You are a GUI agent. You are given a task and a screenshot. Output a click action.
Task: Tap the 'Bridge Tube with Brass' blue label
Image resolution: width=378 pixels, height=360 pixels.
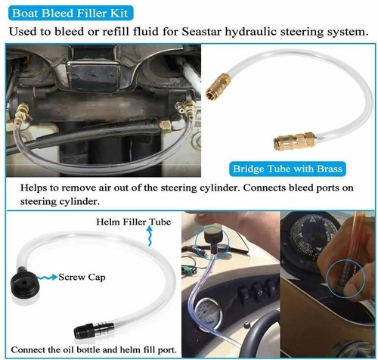288,167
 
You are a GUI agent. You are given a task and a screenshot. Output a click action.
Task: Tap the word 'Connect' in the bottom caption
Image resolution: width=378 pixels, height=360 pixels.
32,349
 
